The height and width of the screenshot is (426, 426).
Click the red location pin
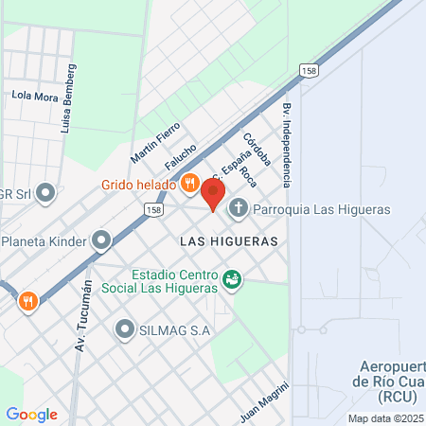click(x=213, y=194)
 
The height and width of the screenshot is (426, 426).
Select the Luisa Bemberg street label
click(x=67, y=98)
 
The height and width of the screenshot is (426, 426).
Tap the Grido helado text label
click(x=138, y=185)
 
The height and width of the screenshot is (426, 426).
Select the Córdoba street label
click(x=257, y=150)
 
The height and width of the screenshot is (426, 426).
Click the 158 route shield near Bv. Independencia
click(x=308, y=71)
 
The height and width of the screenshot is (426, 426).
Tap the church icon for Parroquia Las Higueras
click(x=240, y=208)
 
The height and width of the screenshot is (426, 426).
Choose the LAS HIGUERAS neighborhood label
click(x=229, y=241)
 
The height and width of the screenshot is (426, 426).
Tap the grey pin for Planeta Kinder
click(x=101, y=241)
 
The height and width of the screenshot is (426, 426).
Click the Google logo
click(x=31, y=415)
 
